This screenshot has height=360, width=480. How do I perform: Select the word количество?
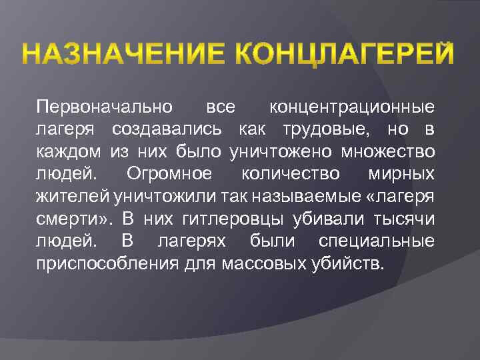(290, 174)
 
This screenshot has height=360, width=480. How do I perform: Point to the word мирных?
(401, 174)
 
